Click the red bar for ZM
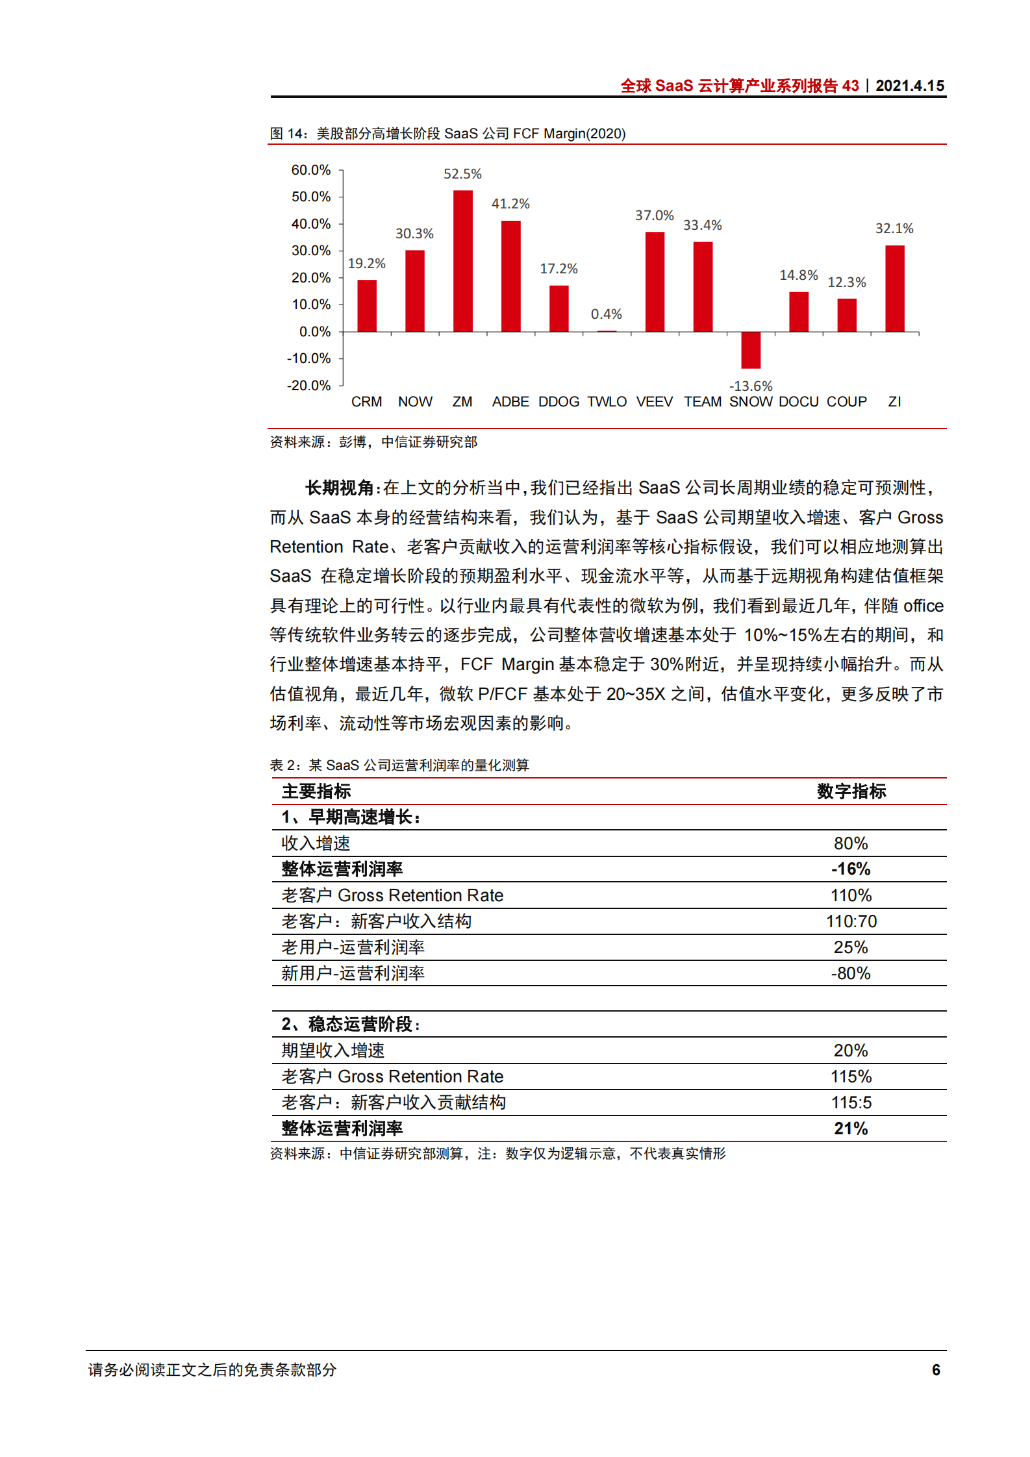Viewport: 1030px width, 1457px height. tap(462, 261)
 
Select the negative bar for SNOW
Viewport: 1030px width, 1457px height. tap(751, 350)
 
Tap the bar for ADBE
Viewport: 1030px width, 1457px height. tap(510, 276)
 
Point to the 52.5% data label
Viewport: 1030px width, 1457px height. tap(462, 174)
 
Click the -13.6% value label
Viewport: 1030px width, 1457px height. tap(751, 386)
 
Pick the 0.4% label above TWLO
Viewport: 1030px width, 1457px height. tap(606, 314)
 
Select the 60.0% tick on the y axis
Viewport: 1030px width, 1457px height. tap(310, 170)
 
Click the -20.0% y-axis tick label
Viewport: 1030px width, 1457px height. tap(308, 386)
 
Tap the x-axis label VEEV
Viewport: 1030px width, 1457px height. tap(654, 402)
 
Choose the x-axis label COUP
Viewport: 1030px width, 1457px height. tap(846, 402)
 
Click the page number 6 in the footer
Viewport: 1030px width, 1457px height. tap(936, 1369)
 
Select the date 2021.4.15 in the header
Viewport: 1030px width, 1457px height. tap(909, 86)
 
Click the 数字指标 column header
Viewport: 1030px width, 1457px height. tap(851, 791)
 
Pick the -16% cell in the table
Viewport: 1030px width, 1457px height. tap(851, 869)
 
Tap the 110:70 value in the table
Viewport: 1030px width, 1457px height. tap(851, 921)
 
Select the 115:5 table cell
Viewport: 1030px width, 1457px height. tap(851, 1102)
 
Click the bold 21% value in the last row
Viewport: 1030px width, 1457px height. tap(851, 1128)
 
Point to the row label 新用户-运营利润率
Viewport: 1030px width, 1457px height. tap(353, 973)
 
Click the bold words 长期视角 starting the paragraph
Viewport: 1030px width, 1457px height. tap(339, 488)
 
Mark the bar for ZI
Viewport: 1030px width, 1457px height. tap(894, 289)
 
